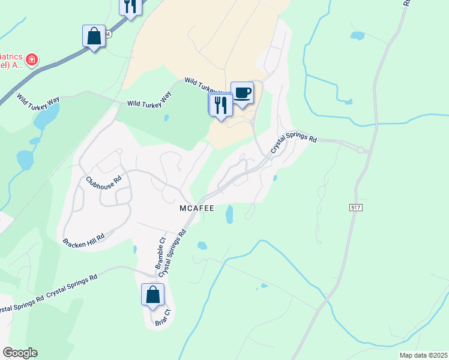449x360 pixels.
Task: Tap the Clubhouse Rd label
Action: [x=103, y=179]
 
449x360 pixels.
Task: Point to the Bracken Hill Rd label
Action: [x=83, y=239]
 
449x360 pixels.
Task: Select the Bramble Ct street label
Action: [x=160, y=253]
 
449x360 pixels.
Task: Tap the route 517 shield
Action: [x=357, y=207]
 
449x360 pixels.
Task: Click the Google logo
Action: [x=19, y=353]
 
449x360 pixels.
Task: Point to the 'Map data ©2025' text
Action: [x=424, y=355]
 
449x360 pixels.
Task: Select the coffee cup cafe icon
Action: [x=242, y=93]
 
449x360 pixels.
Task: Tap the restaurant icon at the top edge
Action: [x=130, y=6]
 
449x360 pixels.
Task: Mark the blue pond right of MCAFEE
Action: [x=229, y=214]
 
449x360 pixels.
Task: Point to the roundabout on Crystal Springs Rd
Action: [x=361, y=151]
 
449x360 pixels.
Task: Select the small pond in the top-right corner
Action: [x=358, y=36]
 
